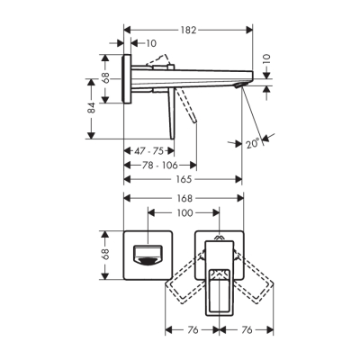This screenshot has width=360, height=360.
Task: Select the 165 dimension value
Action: (184, 179)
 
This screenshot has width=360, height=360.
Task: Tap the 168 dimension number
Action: (184, 198)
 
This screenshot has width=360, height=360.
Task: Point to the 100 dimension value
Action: (184, 213)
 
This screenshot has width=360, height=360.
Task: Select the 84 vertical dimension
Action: (92, 108)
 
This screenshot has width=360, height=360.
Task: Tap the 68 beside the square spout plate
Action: (104, 255)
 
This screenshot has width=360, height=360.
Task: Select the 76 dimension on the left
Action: (191, 329)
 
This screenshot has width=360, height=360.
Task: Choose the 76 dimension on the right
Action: (246, 329)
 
